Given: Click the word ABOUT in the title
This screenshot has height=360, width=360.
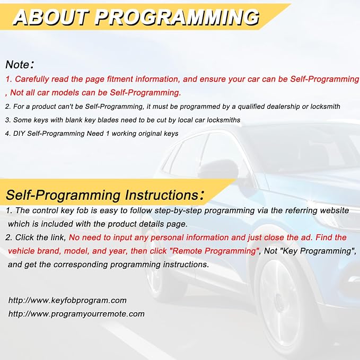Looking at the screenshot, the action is click(x=51, y=17).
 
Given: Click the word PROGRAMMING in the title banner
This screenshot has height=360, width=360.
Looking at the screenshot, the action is click(x=177, y=17).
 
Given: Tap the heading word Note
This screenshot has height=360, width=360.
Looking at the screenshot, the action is click(x=17, y=65).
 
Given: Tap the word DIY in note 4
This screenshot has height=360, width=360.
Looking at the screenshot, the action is click(x=19, y=134).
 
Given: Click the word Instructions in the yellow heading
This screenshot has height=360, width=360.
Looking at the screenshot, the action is click(x=162, y=195).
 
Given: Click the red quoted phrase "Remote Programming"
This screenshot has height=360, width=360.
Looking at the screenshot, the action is click(x=214, y=251).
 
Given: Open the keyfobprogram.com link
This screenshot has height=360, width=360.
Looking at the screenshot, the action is click(x=67, y=301).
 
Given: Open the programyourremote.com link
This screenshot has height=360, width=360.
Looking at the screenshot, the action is click(x=76, y=314).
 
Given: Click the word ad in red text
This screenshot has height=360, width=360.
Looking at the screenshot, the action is click(x=307, y=238).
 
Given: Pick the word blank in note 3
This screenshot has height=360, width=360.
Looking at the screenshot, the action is click(x=74, y=120).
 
